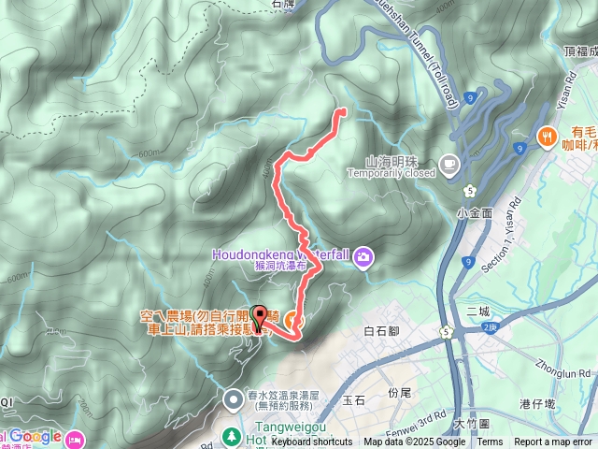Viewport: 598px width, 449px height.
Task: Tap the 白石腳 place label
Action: point(380,331)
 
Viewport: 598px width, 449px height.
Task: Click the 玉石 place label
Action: point(353,399)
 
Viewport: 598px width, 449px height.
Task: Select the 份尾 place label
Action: point(399,392)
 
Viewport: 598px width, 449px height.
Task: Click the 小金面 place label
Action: point(474,213)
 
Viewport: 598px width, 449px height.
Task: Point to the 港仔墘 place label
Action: point(538,403)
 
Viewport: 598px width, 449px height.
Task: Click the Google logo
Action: point(36,436)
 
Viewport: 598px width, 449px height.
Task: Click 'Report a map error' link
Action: point(553,442)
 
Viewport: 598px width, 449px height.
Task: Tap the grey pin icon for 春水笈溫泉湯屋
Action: point(233,401)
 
